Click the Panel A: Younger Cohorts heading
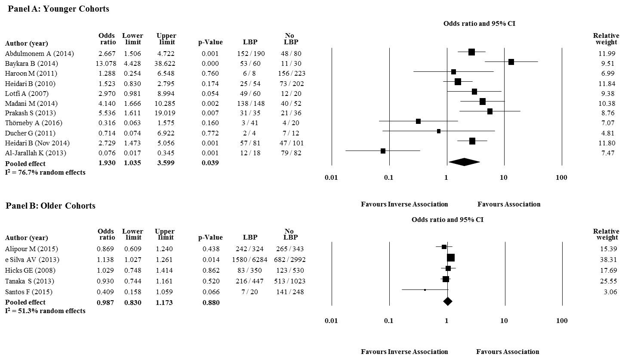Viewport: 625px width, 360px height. point(58,9)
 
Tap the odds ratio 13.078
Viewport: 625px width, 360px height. point(106,64)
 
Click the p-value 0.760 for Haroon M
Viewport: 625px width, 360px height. point(210,74)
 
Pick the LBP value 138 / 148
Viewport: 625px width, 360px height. point(250,103)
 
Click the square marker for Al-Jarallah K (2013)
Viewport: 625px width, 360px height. point(383,151)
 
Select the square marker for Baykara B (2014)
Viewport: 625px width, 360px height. point(511,62)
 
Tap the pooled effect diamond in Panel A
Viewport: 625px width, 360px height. point(464,162)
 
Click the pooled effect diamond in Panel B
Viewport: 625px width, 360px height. point(448,302)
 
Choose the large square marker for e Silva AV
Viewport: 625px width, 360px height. point(451,258)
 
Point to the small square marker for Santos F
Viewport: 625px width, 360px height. point(425,290)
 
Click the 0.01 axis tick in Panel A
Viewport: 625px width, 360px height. point(331,178)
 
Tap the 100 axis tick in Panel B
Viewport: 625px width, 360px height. point(561,321)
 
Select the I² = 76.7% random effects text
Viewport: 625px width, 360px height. point(45,172)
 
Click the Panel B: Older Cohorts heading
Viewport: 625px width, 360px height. point(51,206)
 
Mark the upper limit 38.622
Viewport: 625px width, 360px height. point(166,64)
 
